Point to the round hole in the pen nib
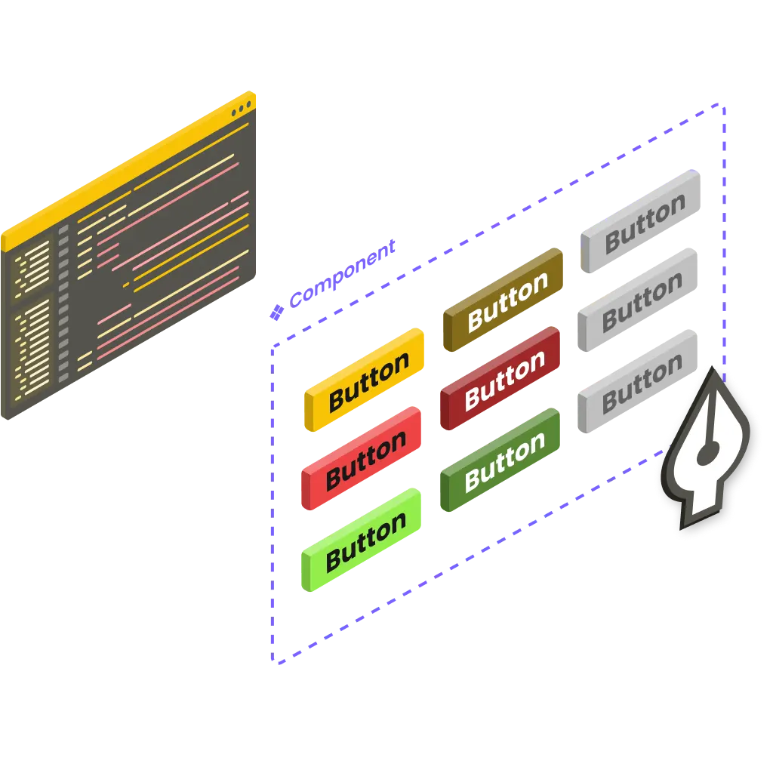[708, 453]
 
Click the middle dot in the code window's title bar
[240, 110]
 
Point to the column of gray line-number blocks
[63, 302]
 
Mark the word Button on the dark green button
[504, 462]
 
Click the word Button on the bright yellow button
[368, 382]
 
